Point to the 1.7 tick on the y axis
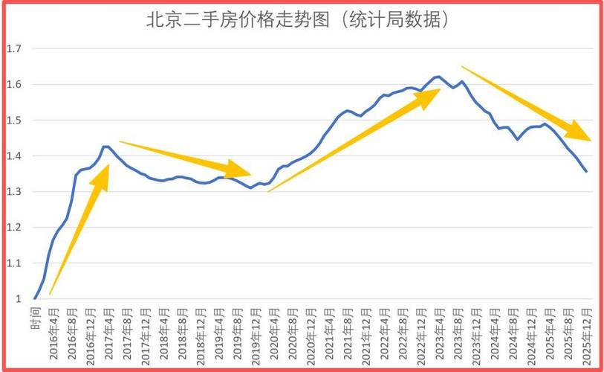tap(14, 49)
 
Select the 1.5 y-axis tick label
tap(14, 121)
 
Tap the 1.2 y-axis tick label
tap(14, 228)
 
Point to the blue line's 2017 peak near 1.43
tap(106, 147)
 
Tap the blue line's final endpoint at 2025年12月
tap(586, 172)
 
